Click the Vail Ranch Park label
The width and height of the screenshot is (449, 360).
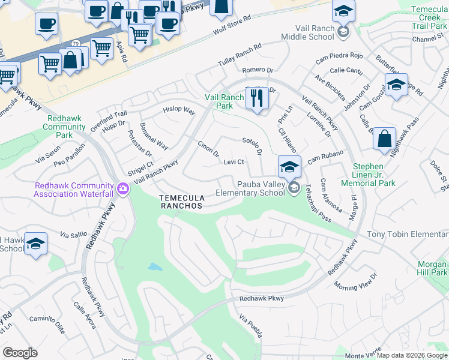click(x=224, y=101)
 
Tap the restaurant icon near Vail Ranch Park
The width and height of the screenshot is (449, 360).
click(x=258, y=98)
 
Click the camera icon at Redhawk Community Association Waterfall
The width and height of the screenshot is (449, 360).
click(x=123, y=190)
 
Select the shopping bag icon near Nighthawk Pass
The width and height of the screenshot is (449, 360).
click(x=384, y=140)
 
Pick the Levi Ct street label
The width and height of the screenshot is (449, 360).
click(x=233, y=162)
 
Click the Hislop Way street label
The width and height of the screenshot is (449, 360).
click(x=179, y=111)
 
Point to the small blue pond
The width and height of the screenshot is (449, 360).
click(x=154, y=267)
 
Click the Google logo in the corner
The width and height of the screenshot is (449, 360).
click(x=20, y=353)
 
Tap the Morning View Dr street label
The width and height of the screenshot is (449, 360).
click(x=355, y=280)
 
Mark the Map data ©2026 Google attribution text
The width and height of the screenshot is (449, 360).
click(x=412, y=355)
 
